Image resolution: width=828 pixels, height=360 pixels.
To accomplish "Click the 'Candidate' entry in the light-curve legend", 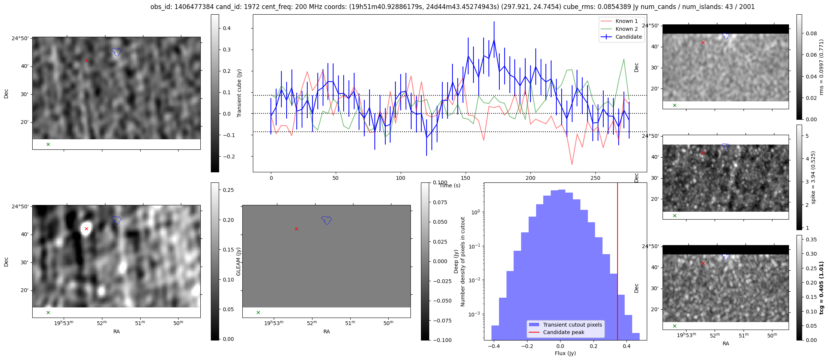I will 628,37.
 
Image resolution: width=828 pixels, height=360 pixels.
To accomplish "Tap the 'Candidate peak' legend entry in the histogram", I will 564,332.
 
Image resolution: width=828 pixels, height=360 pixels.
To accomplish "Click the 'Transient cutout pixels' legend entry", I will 572,325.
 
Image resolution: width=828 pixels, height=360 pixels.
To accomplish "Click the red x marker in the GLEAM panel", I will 296,229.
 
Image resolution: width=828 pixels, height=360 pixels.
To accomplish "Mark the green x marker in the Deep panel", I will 48,312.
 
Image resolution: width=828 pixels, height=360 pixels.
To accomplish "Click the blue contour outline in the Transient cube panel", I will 117,52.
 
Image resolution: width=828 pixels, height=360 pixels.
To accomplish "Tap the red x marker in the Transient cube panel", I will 86,60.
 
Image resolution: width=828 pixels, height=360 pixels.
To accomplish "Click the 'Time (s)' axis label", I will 450,185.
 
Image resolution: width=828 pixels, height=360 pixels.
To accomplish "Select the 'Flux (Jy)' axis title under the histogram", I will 565,353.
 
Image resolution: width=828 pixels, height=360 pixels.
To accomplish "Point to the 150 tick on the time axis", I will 465,178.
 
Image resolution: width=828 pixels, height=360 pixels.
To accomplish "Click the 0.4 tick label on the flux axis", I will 626,346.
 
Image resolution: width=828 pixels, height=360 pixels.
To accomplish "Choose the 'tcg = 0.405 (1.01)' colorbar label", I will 822,288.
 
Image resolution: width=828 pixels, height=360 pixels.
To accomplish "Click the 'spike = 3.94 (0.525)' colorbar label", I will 813,177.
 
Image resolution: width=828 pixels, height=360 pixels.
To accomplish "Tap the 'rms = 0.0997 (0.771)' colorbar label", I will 822,67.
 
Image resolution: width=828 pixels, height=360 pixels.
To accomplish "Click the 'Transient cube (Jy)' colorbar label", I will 239,93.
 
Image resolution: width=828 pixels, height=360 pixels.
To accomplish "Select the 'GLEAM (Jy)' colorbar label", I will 239,262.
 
